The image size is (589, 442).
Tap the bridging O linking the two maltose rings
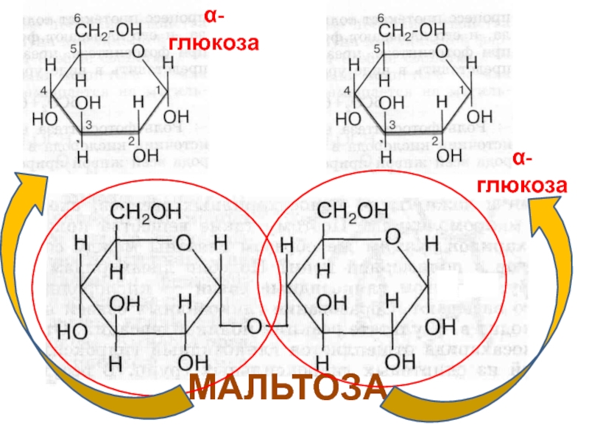[254, 326]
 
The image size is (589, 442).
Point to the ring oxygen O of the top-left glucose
[138, 51]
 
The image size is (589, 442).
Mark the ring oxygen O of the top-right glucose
[441, 51]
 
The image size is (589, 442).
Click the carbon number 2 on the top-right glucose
[435, 139]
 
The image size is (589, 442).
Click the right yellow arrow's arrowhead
[548, 214]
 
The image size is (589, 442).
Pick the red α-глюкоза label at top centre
[214, 30]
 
